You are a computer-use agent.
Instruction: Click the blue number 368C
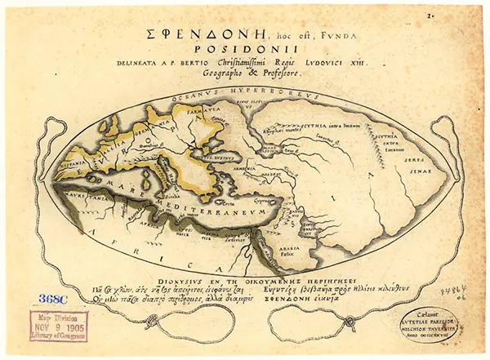[x=44, y=299]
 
